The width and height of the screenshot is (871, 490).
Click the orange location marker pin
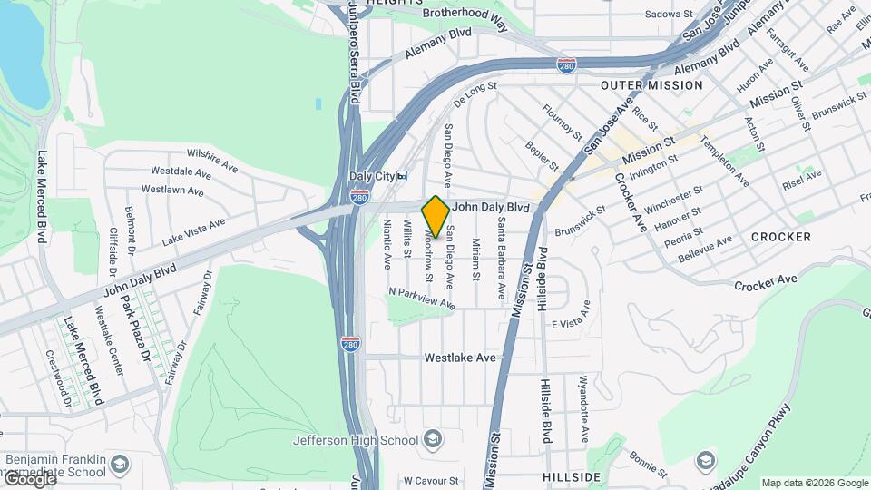coord(435,216)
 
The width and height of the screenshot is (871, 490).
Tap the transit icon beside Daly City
coord(402,176)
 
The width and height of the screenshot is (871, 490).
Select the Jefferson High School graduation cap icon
coord(432,441)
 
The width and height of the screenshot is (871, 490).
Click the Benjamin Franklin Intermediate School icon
coord(120,466)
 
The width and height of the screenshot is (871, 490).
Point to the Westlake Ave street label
coord(461,358)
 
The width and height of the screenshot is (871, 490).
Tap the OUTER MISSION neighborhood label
coord(651,84)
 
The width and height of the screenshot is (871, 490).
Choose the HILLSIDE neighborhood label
coord(572,476)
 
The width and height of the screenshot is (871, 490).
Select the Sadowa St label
coord(669,15)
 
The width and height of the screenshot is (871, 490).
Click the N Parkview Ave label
coord(421,299)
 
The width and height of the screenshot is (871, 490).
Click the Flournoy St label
coord(563,122)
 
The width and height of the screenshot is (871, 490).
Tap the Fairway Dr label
coord(201,292)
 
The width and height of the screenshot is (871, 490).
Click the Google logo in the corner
coord(29,480)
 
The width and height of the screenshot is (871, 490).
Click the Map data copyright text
coord(815,483)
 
